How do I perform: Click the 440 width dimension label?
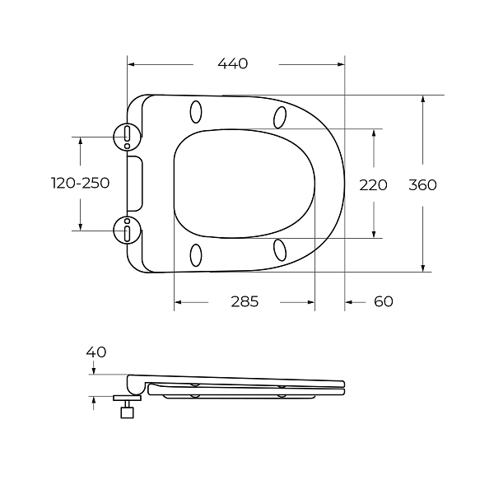[233, 63]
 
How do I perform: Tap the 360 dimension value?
[422, 185]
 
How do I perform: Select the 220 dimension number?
[373, 185]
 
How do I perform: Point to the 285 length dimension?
[245, 301]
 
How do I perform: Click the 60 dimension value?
[384, 301]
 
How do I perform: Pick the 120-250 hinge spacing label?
[81, 183]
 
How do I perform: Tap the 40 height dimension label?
[96, 352]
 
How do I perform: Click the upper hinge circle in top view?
[127, 137]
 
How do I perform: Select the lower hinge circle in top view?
[127, 231]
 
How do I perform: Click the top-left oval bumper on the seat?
[196, 112]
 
